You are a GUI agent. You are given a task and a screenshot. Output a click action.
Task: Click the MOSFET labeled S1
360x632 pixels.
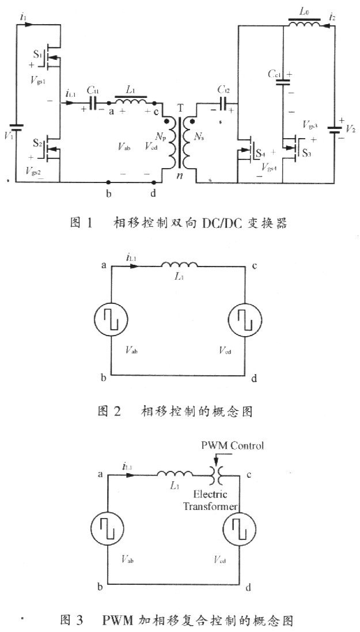click(x=53, y=54)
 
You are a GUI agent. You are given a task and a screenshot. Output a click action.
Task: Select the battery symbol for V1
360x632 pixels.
click(x=18, y=128)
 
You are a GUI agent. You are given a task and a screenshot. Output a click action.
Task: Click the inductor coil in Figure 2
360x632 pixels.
click(x=179, y=265)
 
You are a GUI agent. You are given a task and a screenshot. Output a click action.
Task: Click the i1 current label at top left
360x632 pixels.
click(x=24, y=18)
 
